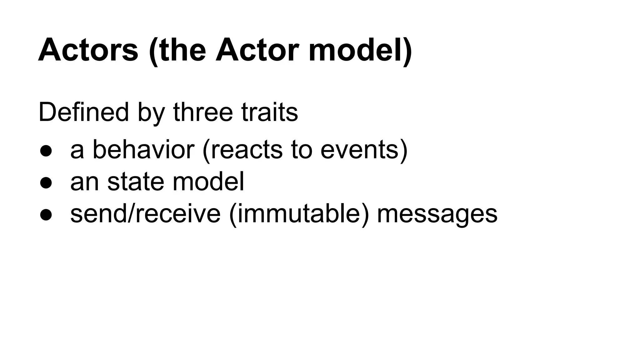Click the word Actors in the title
click(x=88, y=50)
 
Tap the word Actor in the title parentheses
click(x=257, y=50)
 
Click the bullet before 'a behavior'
click(x=46, y=151)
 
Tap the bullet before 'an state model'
click(x=46, y=183)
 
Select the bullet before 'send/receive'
click(x=46, y=215)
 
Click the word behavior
click(x=143, y=149)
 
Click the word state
click(x=136, y=182)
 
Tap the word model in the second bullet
click(x=208, y=182)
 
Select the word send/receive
click(x=145, y=214)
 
